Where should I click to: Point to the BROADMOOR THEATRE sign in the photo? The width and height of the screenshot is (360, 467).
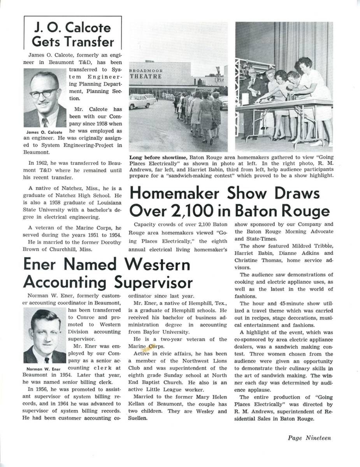[146, 74]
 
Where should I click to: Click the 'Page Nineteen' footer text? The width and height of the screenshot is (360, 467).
[309, 438]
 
